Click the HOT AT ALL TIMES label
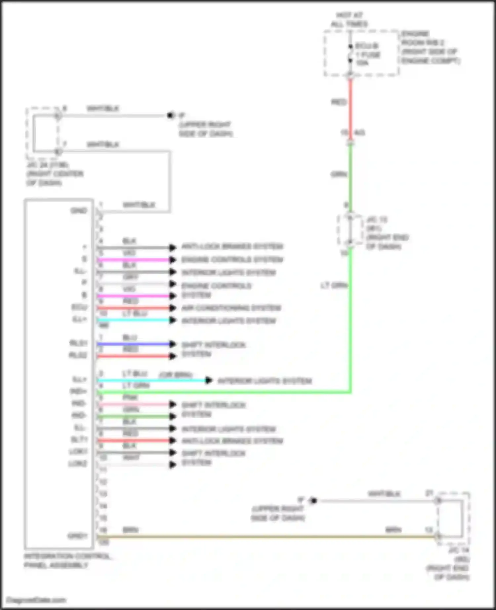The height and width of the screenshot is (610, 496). click(349, 19)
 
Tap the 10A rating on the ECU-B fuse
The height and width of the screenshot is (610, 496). click(362, 63)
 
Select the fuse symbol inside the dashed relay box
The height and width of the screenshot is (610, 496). click(350, 54)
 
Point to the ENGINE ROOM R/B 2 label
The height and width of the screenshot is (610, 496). click(430, 47)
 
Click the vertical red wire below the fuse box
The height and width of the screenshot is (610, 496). click(351, 109)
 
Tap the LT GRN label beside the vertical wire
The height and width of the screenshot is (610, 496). click(334, 285)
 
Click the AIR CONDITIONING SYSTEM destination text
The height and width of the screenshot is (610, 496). click(231, 308)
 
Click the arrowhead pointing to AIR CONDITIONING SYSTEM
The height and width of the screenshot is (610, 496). click(172, 308)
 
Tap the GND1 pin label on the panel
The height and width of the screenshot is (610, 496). click(78, 536)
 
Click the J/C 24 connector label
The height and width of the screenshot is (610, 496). click(55, 174)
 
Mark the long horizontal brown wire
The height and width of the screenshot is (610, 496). click(265, 537)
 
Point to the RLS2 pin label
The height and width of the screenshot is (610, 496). click(78, 355)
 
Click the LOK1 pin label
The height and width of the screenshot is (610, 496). click(78, 451)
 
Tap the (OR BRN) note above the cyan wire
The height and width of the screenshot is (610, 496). click(176, 375)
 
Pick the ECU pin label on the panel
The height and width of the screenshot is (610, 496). click(79, 307)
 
